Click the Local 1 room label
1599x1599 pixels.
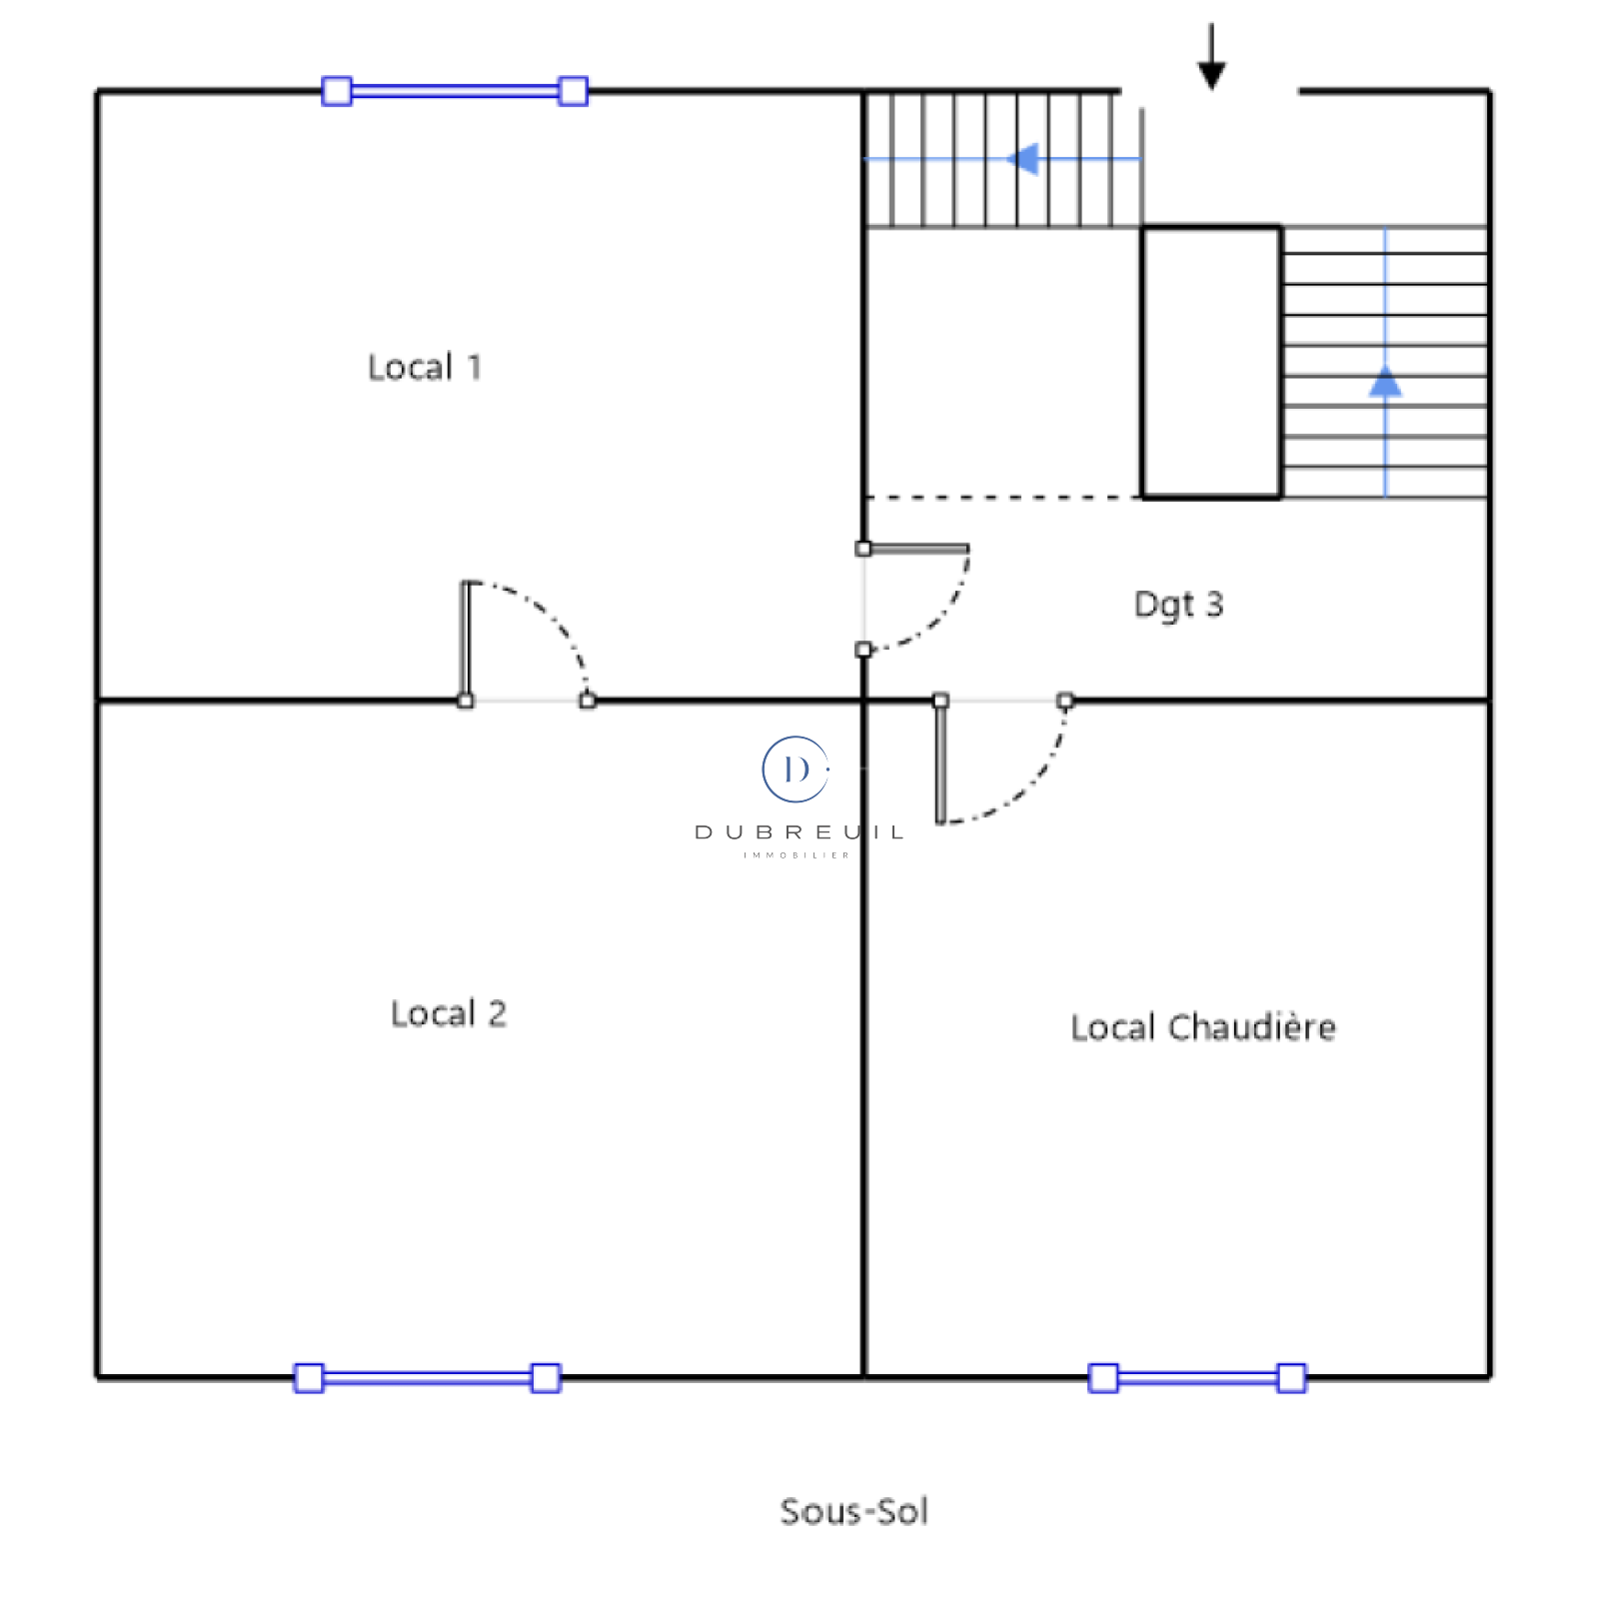pyautogui.click(x=425, y=367)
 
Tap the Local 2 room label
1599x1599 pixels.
pyautogui.click(x=448, y=1013)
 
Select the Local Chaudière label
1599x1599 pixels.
pyautogui.click(x=1203, y=1027)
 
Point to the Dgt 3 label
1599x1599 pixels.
pyautogui.click(x=1178, y=605)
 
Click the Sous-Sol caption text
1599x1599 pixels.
pyautogui.click(x=854, y=1511)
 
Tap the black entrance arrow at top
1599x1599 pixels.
pyautogui.click(x=1211, y=57)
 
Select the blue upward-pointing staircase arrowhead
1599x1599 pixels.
pyautogui.click(x=1385, y=381)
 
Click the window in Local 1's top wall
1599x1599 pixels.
pyautogui.click(x=455, y=91)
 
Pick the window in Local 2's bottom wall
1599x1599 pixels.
pyautogui.click(x=427, y=1378)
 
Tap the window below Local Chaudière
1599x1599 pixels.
pyautogui.click(x=1197, y=1378)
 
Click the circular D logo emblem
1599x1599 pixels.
pyautogui.click(x=796, y=770)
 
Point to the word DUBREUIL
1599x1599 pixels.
pyautogui.click(x=799, y=832)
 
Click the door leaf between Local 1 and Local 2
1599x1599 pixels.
pyautogui.click(x=465, y=641)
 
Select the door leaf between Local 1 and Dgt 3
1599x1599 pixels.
pyautogui.click(x=916, y=549)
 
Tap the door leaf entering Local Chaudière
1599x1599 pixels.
pyautogui.click(x=940, y=762)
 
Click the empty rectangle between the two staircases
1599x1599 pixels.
pyautogui.click(x=1211, y=362)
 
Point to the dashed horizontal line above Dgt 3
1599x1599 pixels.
pyautogui.click(x=1002, y=497)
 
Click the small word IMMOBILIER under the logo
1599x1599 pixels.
pyautogui.click(x=797, y=855)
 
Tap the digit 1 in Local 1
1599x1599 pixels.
pyautogui.click(x=475, y=367)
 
